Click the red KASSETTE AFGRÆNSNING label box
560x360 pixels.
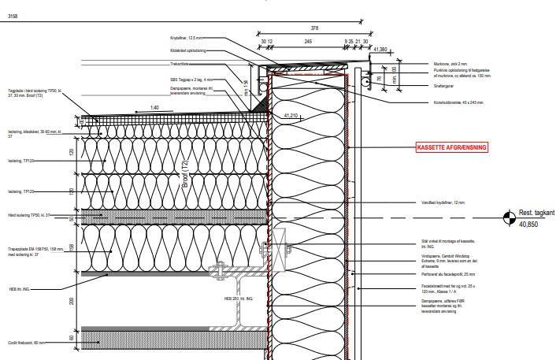point(452,147)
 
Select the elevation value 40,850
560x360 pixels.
point(528,225)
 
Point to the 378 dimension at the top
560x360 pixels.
point(314,28)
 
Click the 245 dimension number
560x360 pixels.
point(308,41)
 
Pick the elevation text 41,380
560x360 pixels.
point(380,50)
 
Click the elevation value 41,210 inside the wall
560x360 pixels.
point(291,116)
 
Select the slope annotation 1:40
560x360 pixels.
point(154,108)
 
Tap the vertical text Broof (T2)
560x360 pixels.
point(186,177)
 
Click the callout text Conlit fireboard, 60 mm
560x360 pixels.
point(25,343)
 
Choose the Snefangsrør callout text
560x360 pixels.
point(444,86)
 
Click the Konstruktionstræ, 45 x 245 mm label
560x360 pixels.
point(458,102)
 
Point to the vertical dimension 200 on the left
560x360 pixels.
point(71,300)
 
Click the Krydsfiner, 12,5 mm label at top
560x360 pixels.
point(186,37)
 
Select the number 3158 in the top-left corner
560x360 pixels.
point(12,16)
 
